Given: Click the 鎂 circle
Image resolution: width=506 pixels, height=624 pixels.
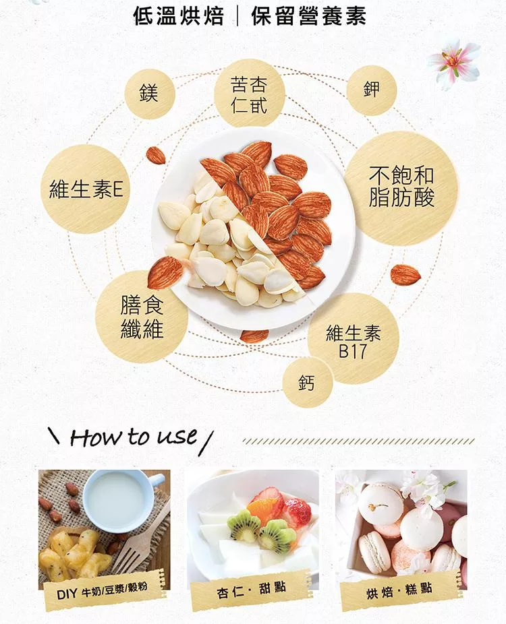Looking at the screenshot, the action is [149, 94].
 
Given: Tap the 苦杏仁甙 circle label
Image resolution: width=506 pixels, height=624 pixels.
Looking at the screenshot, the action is [250, 94].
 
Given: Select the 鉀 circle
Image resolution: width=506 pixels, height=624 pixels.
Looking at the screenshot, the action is [371, 90].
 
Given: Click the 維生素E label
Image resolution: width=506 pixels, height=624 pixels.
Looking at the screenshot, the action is [86, 189].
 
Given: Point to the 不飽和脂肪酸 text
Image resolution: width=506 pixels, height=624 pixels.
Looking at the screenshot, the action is [401, 187].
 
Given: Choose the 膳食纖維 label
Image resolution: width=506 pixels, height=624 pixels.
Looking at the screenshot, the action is [142, 317].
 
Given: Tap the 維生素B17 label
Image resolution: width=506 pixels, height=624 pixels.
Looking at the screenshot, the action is [354, 341].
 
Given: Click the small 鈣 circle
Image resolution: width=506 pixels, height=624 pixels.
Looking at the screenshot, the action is [307, 383].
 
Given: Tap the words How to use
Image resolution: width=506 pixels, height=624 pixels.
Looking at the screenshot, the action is [134, 437].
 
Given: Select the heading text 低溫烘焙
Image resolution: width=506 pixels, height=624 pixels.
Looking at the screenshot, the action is [179, 16].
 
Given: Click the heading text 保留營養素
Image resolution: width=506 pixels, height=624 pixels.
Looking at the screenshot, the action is [309, 16].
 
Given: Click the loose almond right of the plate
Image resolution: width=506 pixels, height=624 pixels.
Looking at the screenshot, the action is [405, 274].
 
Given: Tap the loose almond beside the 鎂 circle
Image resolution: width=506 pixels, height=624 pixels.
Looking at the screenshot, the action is [156, 155].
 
